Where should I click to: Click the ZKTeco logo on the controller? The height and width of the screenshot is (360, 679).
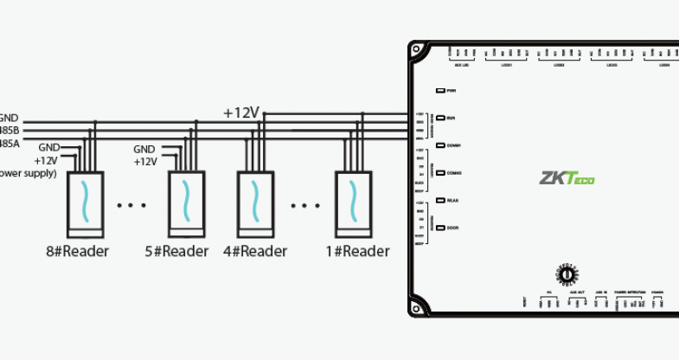point(567,179)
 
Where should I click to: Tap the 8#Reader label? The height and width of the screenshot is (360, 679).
point(78,251)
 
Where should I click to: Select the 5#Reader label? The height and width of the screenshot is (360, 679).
point(177,251)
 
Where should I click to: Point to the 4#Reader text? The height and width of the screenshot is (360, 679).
point(255,251)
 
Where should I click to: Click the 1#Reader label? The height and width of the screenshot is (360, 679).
point(357,251)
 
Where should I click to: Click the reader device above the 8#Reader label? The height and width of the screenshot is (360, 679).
point(84,202)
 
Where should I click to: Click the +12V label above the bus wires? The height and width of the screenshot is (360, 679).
point(241,112)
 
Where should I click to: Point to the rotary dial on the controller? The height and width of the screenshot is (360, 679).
point(567,273)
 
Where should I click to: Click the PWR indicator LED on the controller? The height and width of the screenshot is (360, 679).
point(440,90)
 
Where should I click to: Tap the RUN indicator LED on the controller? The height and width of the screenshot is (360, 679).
point(440,117)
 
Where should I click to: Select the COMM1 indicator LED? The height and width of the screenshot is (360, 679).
point(440,145)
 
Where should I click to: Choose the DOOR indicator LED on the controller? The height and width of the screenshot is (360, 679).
point(440,228)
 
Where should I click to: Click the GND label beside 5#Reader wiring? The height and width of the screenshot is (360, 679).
point(144,150)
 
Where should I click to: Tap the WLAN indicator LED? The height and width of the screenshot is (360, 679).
point(440,200)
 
